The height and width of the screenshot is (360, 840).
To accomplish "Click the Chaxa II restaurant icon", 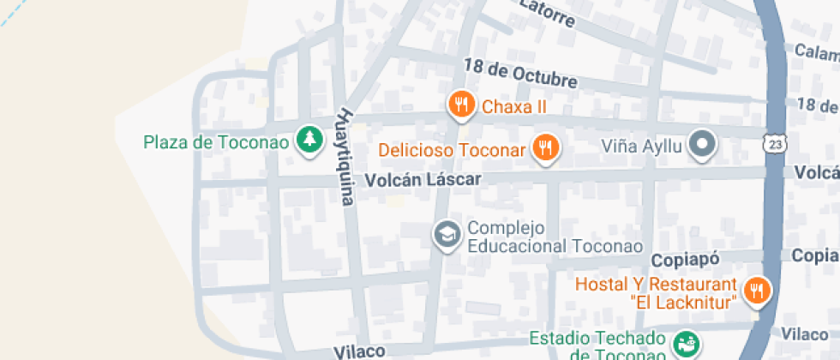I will coord(461,105).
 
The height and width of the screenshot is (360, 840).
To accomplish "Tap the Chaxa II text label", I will coord(514,107).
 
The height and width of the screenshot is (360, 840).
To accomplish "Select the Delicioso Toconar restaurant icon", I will coord(545,148).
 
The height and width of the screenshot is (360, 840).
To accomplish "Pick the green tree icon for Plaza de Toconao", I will coord(309,139).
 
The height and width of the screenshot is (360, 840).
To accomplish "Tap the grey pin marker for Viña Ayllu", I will coord(704,145).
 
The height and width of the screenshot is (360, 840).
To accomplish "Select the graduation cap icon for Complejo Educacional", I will coord(446,233).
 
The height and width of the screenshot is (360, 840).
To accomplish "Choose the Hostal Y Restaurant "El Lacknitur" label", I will coord(656,293).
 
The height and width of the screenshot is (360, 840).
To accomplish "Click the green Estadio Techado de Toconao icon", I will coord(685,344).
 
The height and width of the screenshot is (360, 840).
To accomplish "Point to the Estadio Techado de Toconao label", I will coord(597,345).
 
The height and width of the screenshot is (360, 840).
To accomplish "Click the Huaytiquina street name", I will coord(345,156).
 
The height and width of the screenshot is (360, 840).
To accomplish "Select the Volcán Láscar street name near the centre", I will coord(423,180).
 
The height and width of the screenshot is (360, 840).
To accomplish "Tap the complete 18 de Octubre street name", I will coord(520,74).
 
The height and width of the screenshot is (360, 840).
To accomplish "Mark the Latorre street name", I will coord(547,14).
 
